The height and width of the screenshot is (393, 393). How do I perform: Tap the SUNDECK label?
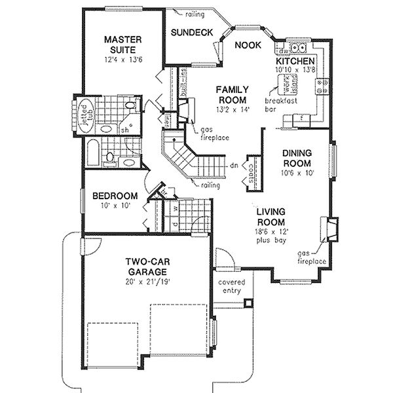pyautogui.click(x=189, y=32)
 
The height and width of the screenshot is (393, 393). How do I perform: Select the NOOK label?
pyautogui.click(x=247, y=46)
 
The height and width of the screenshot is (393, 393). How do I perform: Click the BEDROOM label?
pyautogui.click(x=115, y=196)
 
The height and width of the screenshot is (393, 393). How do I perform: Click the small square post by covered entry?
pyautogui.click(x=248, y=303)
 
